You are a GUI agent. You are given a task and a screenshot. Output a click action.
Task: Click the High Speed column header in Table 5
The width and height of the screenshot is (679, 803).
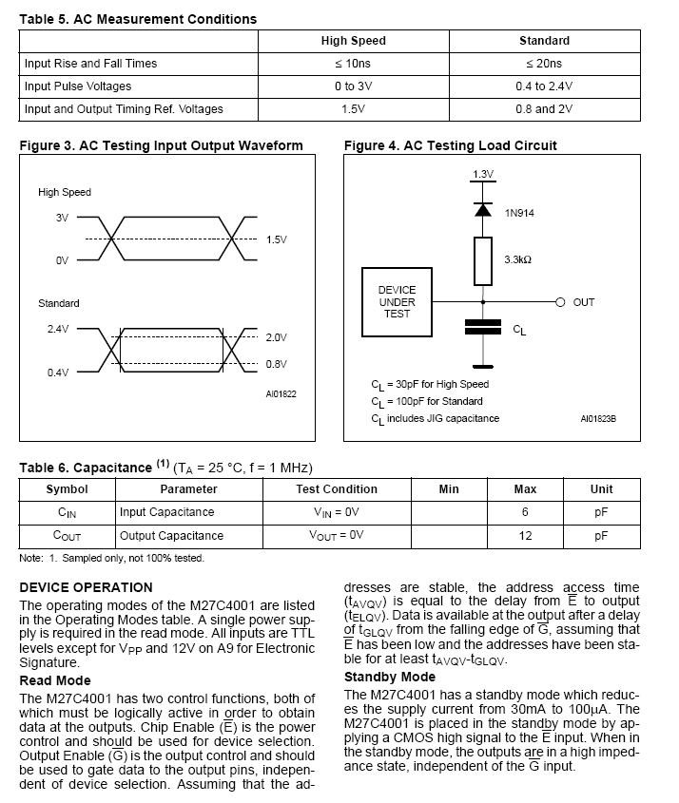pyautogui.click(x=353, y=41)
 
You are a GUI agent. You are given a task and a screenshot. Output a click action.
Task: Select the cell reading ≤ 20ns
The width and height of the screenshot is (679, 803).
pyautogui.click(x=544, y=64)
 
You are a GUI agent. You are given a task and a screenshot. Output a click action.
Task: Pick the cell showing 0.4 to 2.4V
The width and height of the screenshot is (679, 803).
pyautogui.click(x=544, y=86)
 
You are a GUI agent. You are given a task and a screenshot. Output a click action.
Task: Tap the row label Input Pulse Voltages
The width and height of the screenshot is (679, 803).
pyautogui.click(x=78, y=86)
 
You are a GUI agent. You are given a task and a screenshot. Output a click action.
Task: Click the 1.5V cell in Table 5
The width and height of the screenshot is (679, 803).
pyautogui.click(x=353, y=109)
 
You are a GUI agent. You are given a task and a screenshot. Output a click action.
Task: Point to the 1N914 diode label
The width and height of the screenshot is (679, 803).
pyautogui.click(x=519, y=213)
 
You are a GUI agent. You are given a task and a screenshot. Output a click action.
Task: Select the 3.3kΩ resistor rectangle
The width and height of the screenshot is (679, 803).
pyautogui.click(x=483, y=261)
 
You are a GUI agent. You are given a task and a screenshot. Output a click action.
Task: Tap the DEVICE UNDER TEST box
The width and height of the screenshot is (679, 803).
pyautogui.click(x=398, y=302)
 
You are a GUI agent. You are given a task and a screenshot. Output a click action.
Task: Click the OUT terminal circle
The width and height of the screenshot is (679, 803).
pyautogui.click(x=560, y=302)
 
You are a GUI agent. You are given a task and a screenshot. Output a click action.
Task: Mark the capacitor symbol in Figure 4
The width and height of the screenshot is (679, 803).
pyautogui.click(x=483, y=328)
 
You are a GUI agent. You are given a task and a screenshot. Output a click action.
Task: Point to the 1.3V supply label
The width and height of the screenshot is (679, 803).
pyautogui.click(x=483, y=174)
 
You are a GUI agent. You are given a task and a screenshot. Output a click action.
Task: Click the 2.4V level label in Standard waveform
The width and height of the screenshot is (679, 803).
pyautogui.click(x=58, y=329)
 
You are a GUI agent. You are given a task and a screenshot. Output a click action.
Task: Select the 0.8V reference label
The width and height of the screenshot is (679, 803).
pyautogui.click(x=277, y=364)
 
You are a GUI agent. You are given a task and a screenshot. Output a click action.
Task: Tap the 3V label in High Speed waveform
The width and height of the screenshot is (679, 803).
pyautogui.click(x=62, y=218)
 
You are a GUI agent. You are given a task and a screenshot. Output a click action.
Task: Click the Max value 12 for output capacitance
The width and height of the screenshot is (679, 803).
pyautogui.click(x=525, y=535)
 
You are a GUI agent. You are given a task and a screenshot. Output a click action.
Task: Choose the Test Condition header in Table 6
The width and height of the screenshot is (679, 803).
pyautogui.click(x=337, y=489)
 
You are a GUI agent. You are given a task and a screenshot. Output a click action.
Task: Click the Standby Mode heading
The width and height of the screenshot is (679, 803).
pyautogui.click(x=390, y=677)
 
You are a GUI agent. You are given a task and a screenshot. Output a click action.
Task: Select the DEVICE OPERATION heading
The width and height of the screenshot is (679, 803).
pyautogui.click(x=86, y=587)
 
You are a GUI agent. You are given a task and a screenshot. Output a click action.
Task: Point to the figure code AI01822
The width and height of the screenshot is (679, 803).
pyautogui.click(x=281, y=392)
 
